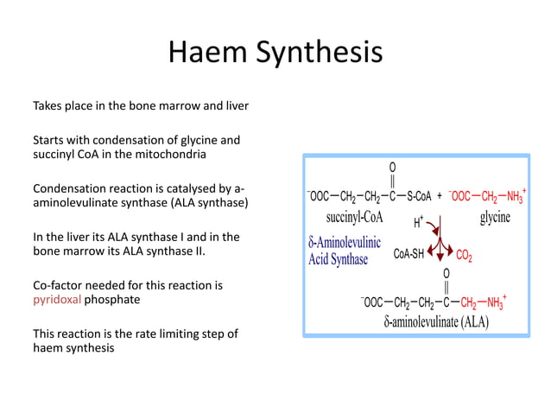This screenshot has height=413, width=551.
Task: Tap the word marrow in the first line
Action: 188,105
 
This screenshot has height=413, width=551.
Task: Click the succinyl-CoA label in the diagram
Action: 348,217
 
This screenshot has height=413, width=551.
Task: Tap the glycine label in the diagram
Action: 495,217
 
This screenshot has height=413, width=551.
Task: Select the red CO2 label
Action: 464,255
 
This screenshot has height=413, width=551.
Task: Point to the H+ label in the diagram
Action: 418,223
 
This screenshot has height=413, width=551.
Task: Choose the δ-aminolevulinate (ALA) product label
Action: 436,322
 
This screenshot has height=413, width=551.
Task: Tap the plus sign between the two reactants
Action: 440,196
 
